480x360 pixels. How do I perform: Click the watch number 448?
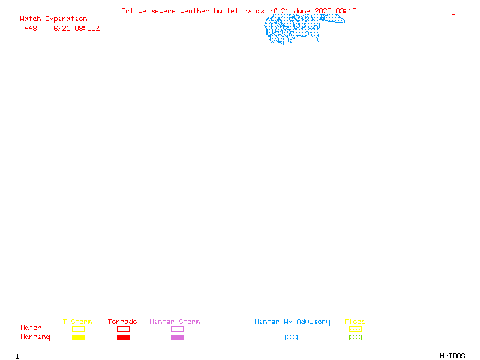point(31,28)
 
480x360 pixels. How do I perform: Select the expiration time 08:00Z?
point(87,28)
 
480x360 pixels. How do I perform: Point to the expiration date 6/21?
point(62,28)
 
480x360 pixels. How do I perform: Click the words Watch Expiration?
point(53,19)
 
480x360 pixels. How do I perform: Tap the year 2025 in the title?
point(323,11)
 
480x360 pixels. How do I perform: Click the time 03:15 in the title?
point(346,11)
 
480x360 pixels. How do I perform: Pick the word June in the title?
point(302,11)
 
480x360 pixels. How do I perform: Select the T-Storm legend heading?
point(77,322)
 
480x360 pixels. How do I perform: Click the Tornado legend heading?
point(122,322)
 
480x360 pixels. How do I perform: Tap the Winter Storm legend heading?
point(175,322)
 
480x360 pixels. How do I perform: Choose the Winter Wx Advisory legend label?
point(292,322)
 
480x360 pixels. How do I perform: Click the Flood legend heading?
point(355,322)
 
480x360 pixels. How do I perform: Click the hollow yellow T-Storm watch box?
point(79,326)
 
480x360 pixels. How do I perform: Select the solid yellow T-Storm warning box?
point(79,337)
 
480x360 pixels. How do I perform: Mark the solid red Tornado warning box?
point(124,337)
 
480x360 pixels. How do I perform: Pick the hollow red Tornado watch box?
point(124,326)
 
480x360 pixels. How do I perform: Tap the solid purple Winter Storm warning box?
point(177,337)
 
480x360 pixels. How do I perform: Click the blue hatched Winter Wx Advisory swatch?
point(291,337)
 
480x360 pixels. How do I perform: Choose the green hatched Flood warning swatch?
point(355,337)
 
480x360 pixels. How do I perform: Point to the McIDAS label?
point(452,356)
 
